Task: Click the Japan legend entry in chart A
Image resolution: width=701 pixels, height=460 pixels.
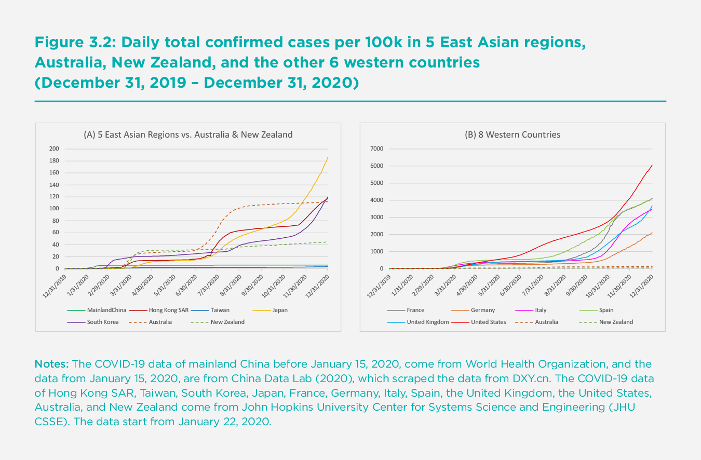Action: pos(280,310)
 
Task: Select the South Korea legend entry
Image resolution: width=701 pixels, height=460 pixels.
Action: pos(102,322)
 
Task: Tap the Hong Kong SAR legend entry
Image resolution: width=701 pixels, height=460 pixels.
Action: pos(168,310)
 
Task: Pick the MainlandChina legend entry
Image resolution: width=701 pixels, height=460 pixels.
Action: pos(106,310)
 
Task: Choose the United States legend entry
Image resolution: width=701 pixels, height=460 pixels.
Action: pos(488,322)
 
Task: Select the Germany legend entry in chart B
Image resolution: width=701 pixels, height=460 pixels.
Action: pos(483,310)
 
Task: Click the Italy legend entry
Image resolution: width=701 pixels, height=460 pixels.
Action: pos(541,310)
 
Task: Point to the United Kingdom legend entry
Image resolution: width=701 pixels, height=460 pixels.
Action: pos(427,322)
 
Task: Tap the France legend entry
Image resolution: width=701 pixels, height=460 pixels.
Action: pos(415,310)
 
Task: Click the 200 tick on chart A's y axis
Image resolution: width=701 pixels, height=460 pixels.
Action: pos(54,149)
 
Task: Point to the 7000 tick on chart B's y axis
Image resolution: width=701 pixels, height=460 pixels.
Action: pos(376,149)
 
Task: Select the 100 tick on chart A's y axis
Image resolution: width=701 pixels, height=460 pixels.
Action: pos(54,209)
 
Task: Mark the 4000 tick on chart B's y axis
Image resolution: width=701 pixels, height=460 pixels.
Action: pos(376,200)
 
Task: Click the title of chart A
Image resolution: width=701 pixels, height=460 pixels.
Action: pos(188,134)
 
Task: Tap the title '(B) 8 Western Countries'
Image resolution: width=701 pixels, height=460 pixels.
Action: pos(512,134)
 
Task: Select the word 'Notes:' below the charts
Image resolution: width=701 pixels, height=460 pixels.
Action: pos(52,363)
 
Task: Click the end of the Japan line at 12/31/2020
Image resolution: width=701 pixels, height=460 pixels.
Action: pos(328,157)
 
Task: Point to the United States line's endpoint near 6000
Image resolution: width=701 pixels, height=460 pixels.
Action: pos(652,165)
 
